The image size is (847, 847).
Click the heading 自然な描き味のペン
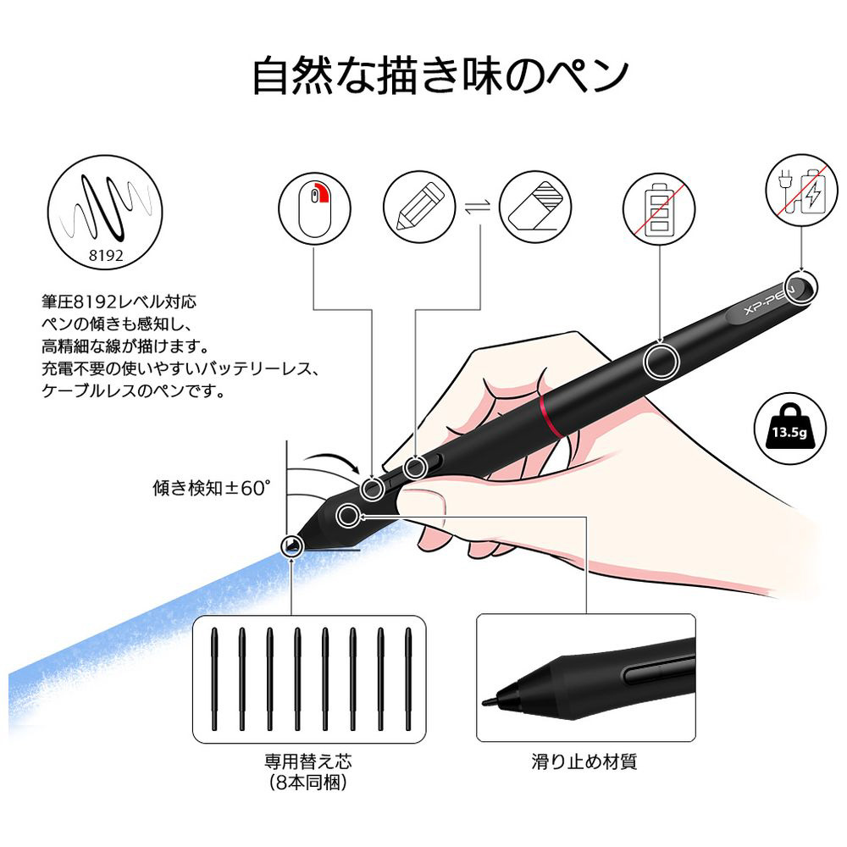click(440, 76)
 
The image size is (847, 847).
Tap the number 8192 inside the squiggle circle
click(106, 255)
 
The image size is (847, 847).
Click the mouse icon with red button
click(314, 208)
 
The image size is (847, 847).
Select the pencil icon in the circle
click(419, 207)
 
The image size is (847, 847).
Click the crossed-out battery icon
click(659, 208)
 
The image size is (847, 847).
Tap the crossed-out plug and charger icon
click(801, 191)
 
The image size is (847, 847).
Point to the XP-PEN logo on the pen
click(770, 300)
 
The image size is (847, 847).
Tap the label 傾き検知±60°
click(211, 488)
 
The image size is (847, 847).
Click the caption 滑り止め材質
click(584, 761)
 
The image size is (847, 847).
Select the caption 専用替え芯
click(308, 761)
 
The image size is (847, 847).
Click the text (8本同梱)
click(308, 782)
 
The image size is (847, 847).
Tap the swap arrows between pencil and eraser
click(478, 207)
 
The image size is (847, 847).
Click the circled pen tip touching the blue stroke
click(292, 545)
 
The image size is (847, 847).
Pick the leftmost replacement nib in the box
click(214, 679)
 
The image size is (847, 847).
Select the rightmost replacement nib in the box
click(408, 679)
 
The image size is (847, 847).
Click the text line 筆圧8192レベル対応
click(119, 302)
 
